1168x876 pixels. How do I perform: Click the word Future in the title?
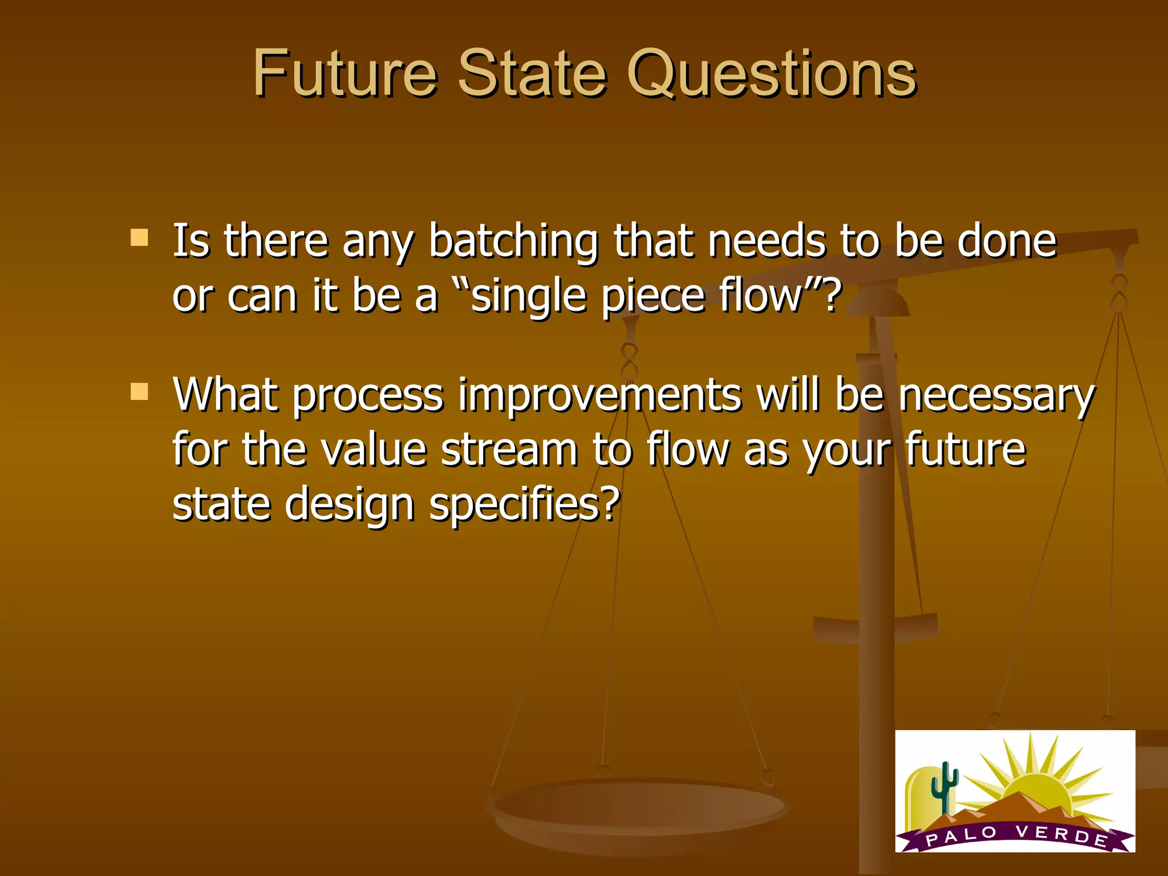[344, 74]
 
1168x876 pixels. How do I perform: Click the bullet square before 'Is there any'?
[139, 237]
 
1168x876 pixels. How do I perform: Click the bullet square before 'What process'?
[139, 392]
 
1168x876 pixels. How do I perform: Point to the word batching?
[513, 242]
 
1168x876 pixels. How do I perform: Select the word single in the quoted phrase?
[529, 297]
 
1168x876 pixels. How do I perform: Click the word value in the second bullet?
[374, 449]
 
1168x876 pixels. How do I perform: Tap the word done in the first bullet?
[1007, 241]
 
